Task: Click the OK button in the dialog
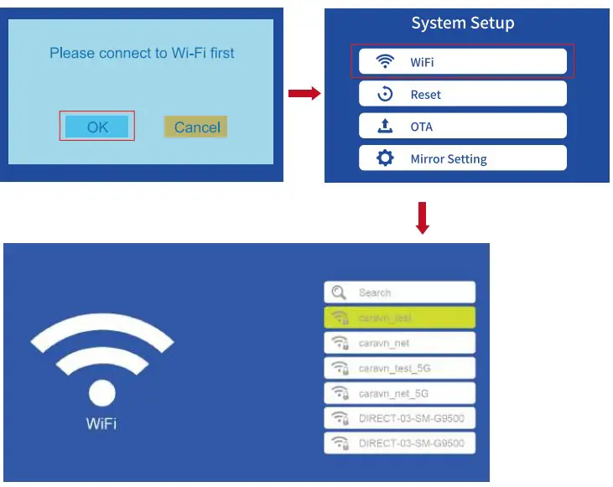point(97,127)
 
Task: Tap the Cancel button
point(196,127)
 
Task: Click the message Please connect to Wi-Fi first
point(142,53)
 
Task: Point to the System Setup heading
point(462,23)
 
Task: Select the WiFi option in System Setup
point(462,62)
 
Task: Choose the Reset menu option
point(462,94)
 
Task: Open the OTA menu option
point(462,127)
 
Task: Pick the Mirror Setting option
point(462,158)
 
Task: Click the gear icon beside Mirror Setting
point(385,158)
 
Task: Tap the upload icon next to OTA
point(385,126)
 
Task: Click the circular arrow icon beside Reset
point(385,94)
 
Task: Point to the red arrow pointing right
point(304,94)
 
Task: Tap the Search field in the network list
point(399,293)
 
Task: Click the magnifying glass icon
point(339,293)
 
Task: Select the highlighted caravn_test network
point(399,318)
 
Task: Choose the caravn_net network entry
point(399,343)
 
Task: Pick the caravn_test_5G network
point(399,368)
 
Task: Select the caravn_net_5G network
point(399,392)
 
